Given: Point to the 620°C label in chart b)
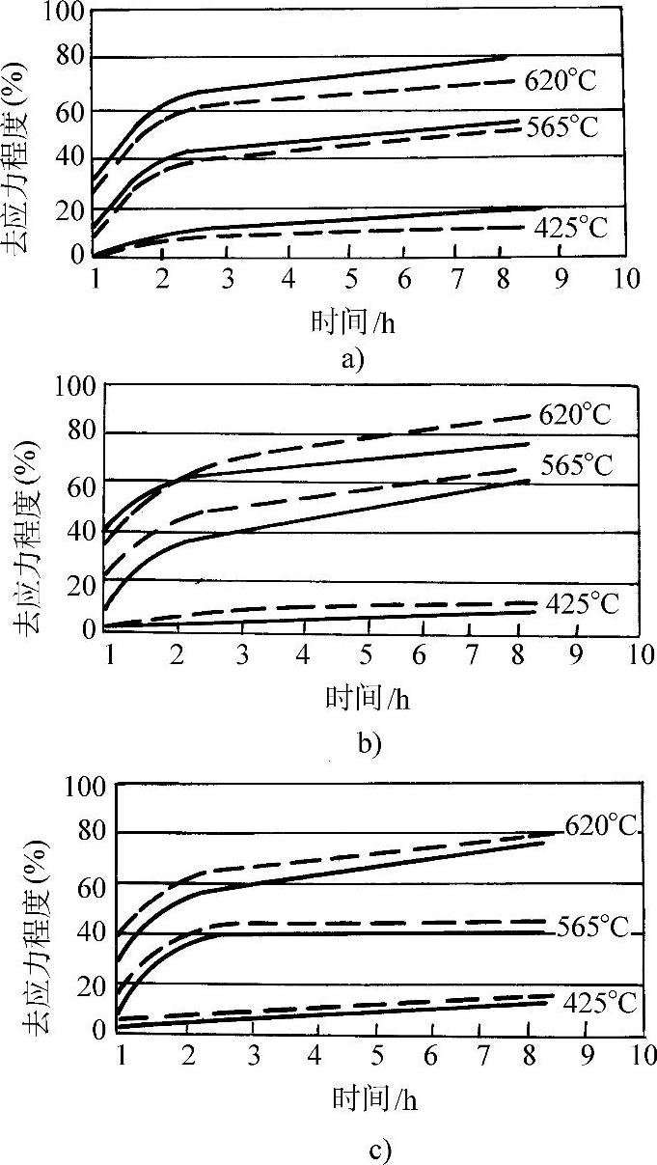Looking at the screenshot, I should pyautogui.click(x=576, y=415).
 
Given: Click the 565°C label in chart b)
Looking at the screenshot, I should pyautogui.click(x=576, y=466).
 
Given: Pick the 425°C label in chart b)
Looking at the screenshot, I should pyautogui.click(x=582, y=605).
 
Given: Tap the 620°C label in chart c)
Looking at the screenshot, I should pyautogui.click(x=600, y=826).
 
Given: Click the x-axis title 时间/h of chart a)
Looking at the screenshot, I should pyautogui.click(x=353, y=322).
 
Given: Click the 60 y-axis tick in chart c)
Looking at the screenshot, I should pyautogui.click(x=93, y=883).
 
